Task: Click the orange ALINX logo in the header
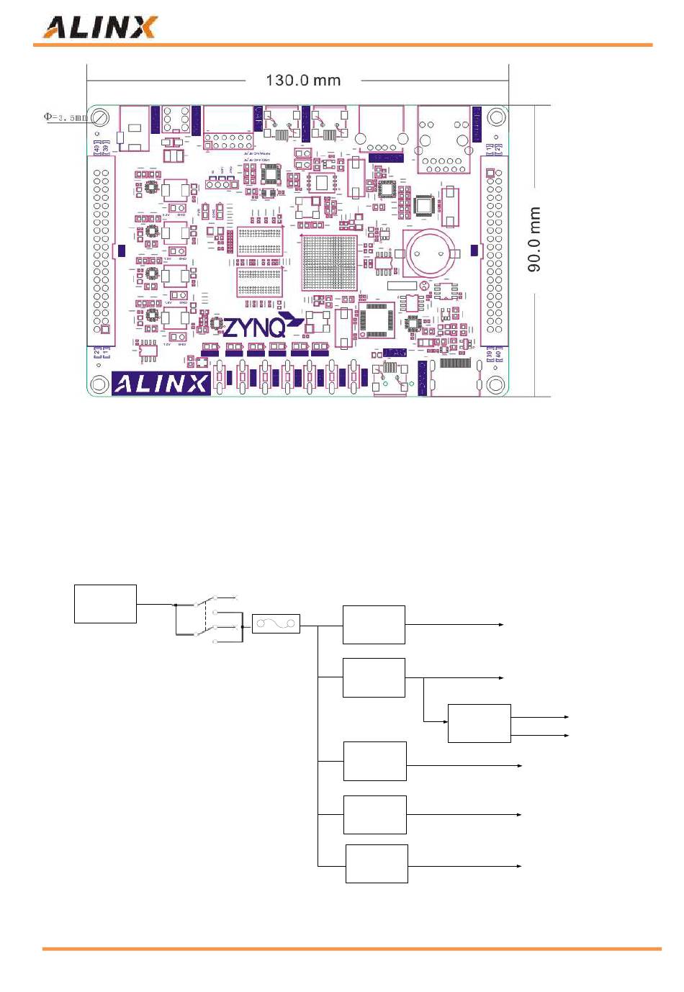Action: click(x=100, y=27)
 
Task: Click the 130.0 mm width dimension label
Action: click(x=303, y=80)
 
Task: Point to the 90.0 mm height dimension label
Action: click(x=534, y=239)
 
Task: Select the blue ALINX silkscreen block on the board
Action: click(x=161, y=384)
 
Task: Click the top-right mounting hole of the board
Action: click(x=495, y=117)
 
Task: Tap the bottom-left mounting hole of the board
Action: click(x=99, y=384)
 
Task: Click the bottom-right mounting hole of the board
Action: click(x=495, y=384)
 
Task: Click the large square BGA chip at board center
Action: click(x=328, y=263)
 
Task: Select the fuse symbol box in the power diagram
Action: click(x=276, y=623)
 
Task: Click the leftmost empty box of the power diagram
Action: click(x=105, y=604)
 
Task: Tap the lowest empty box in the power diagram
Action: click(x=377, y=864)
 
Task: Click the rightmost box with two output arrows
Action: click(x=479, y=723)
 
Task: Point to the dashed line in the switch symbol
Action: click(x=206, y=619)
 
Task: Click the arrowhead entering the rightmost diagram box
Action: click(x=445, y=721)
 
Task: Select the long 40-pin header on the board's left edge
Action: click(x=102, y=252)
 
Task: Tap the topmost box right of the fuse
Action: click(x=374, y=625)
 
